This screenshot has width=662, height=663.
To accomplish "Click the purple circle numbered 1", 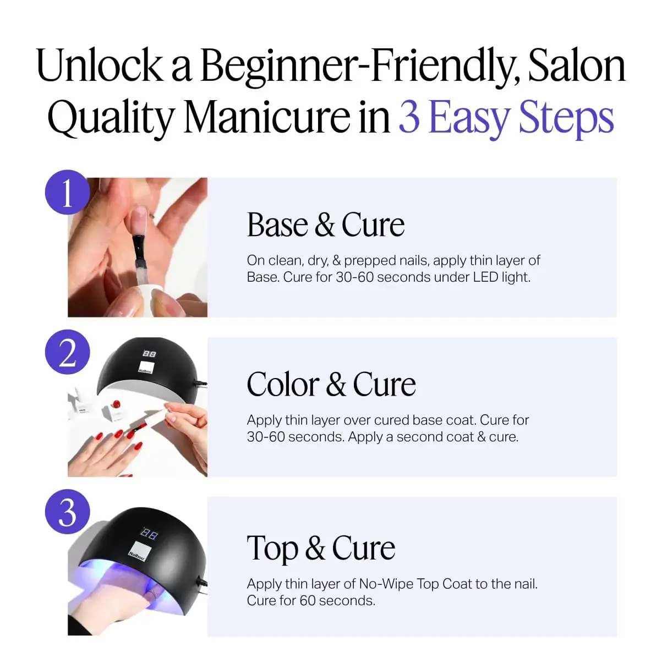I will coord(67,192).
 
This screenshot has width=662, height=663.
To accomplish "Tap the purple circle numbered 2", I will coord(67,352).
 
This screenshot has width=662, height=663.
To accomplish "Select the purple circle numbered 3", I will coord(67,512).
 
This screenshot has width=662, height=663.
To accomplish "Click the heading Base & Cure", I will coord(325,225).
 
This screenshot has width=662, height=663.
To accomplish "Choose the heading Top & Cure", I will coord(321,548).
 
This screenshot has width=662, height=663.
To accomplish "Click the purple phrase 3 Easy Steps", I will coord(506,117).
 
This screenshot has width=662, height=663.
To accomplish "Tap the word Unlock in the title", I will coord(100,66).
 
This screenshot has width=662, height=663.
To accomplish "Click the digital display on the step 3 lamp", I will coord(150,534).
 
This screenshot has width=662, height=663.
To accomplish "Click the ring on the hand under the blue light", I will coord(153,593).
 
